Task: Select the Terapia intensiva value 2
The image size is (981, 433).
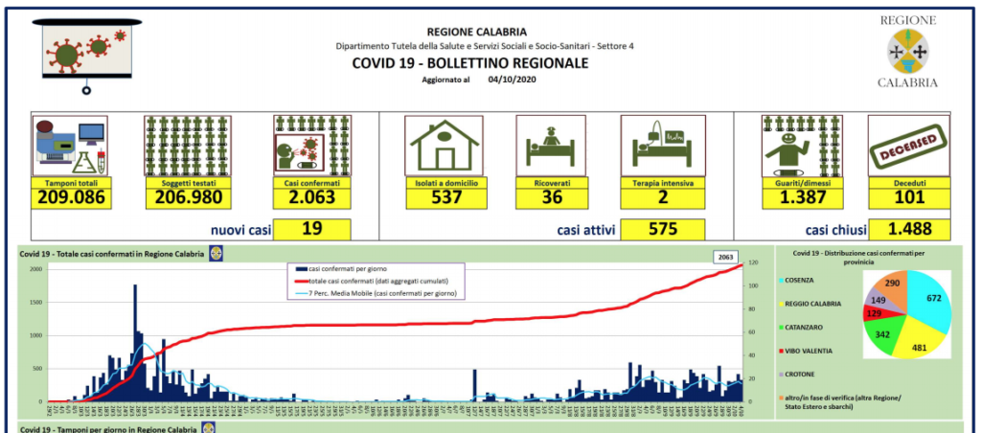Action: [x=663, y=198]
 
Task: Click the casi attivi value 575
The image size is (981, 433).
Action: [x=662, y=229]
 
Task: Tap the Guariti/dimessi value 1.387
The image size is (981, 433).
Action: [x=800, y=198]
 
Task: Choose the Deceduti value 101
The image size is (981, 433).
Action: [x=908, y=198]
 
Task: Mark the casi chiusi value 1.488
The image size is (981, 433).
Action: [x=908, y=229]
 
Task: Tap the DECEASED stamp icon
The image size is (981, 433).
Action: [x=909, y=146]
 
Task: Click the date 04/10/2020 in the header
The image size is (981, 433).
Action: [x=509, y=80]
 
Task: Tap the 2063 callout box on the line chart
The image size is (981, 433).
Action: [x=728, y=257]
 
